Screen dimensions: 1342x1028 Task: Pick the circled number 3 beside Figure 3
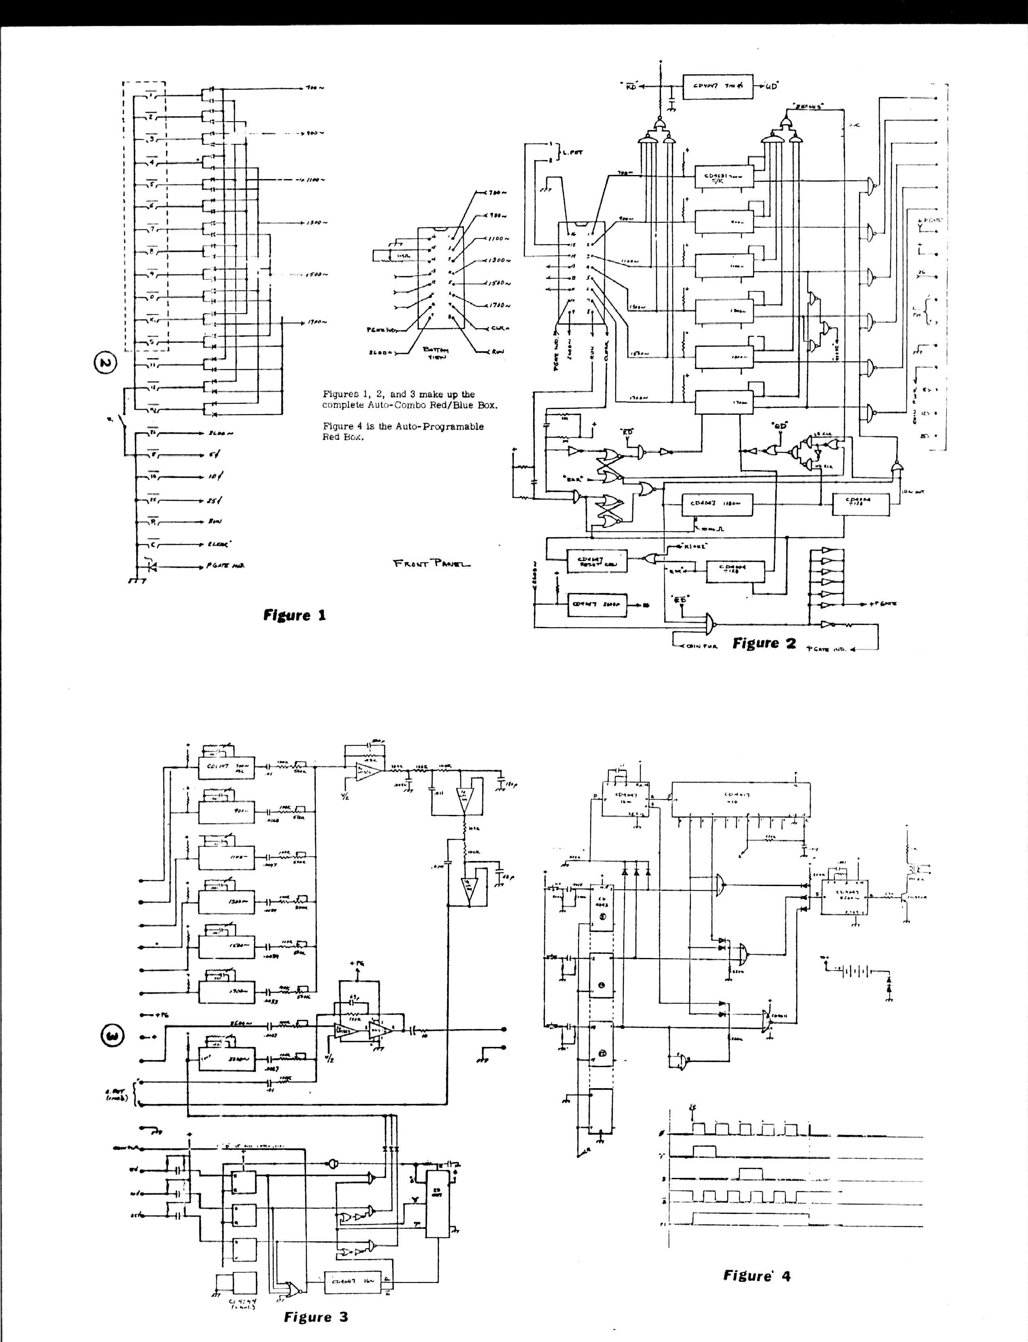point(114,1036)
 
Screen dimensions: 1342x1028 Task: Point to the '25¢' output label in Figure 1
point(215,500)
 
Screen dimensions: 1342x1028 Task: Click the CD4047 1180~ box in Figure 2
point(717,504)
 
